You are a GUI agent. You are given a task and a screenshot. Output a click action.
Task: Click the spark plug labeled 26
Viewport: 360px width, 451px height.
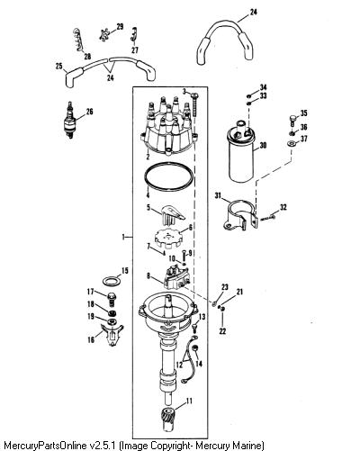point(70,120)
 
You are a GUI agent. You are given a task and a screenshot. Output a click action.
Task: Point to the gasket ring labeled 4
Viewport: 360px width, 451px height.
point(168,176)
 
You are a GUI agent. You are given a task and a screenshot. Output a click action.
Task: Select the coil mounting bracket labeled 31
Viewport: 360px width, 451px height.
point(241,215)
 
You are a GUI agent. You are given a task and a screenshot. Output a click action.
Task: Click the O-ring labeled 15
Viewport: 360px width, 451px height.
point(111,281)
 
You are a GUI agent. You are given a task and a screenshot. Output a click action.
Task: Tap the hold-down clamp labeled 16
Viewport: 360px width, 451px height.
point(112,335)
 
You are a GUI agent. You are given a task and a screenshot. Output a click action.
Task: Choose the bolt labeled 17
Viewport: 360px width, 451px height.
point(111,299)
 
